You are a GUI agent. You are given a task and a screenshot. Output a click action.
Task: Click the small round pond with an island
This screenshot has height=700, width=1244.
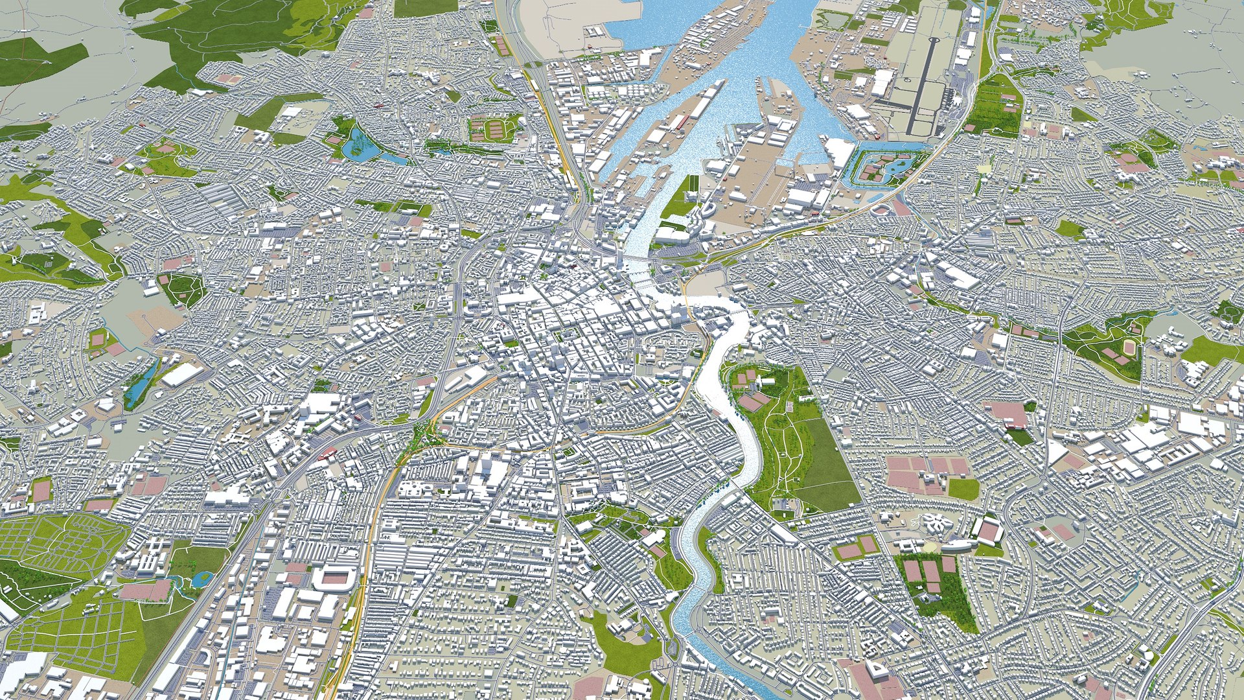(202, 576)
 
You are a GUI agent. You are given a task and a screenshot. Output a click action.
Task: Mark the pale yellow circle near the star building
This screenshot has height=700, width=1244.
(930, 548)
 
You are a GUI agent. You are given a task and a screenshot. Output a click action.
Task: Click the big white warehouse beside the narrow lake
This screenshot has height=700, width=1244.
(182, 374)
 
